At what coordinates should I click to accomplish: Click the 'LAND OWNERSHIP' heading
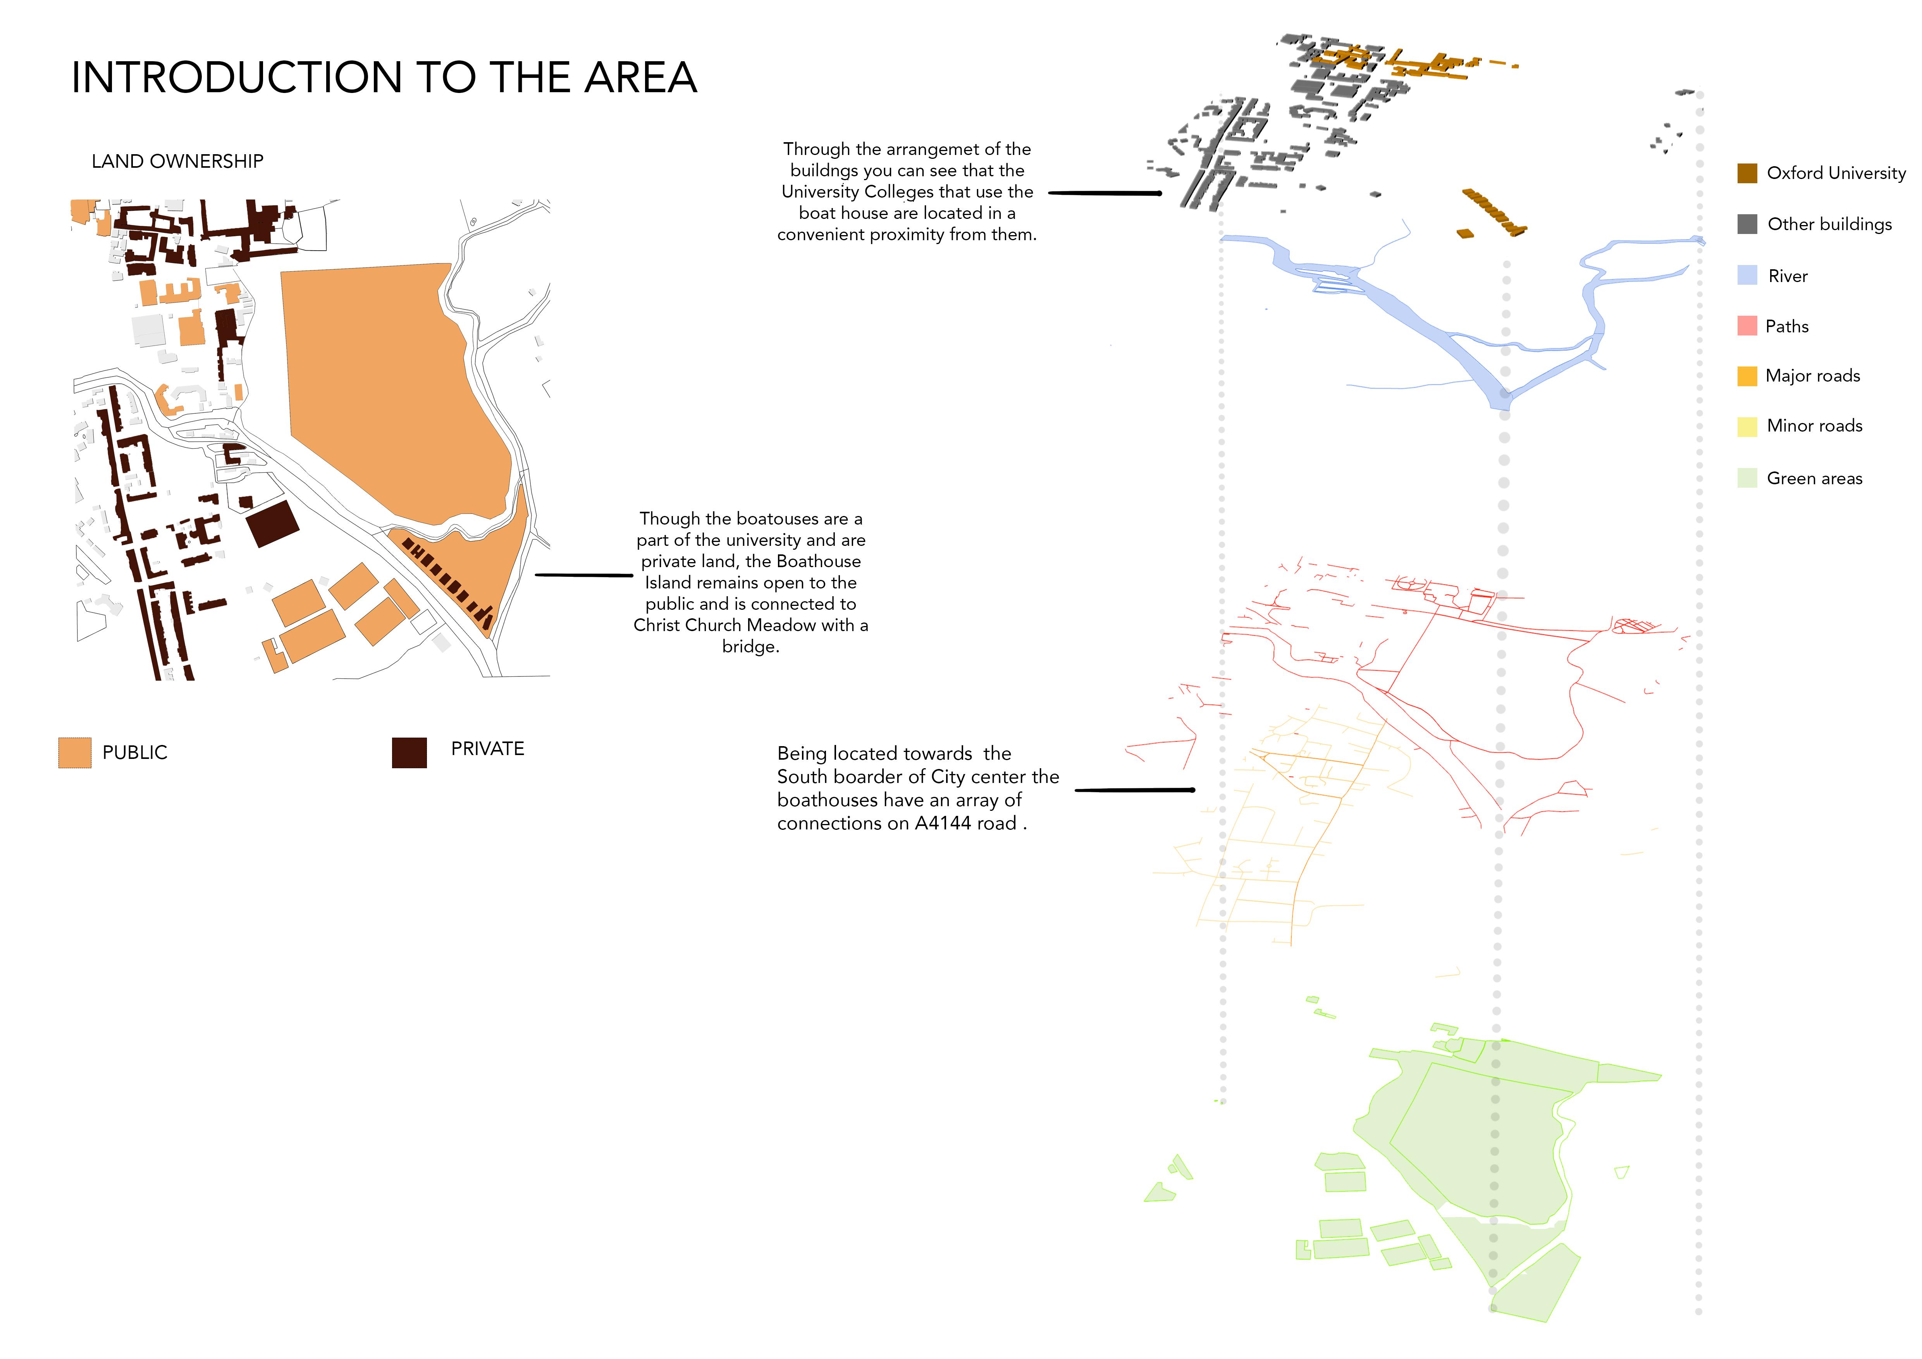tap(177, 162)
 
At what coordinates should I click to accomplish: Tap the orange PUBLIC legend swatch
tap(74, 752)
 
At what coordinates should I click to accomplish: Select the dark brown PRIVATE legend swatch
tap(410, 752)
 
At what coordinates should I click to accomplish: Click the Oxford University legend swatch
tap(1747, 173)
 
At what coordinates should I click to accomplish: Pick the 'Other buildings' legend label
tap(1829, 224)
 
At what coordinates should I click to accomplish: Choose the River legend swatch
tap(1747, 275)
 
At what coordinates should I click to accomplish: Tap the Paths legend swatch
tap(1747, 325)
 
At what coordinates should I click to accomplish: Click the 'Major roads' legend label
tap(1812, 376)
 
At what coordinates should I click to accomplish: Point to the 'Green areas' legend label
tap(1814, 479)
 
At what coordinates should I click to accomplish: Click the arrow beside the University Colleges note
tap(1105, 193)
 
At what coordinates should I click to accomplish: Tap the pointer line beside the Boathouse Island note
tap(583, 575)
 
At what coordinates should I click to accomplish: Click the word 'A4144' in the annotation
tap(943, 824)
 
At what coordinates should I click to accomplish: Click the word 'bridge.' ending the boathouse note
tap(750, 647)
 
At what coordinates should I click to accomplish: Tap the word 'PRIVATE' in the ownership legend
tap(487, 749)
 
